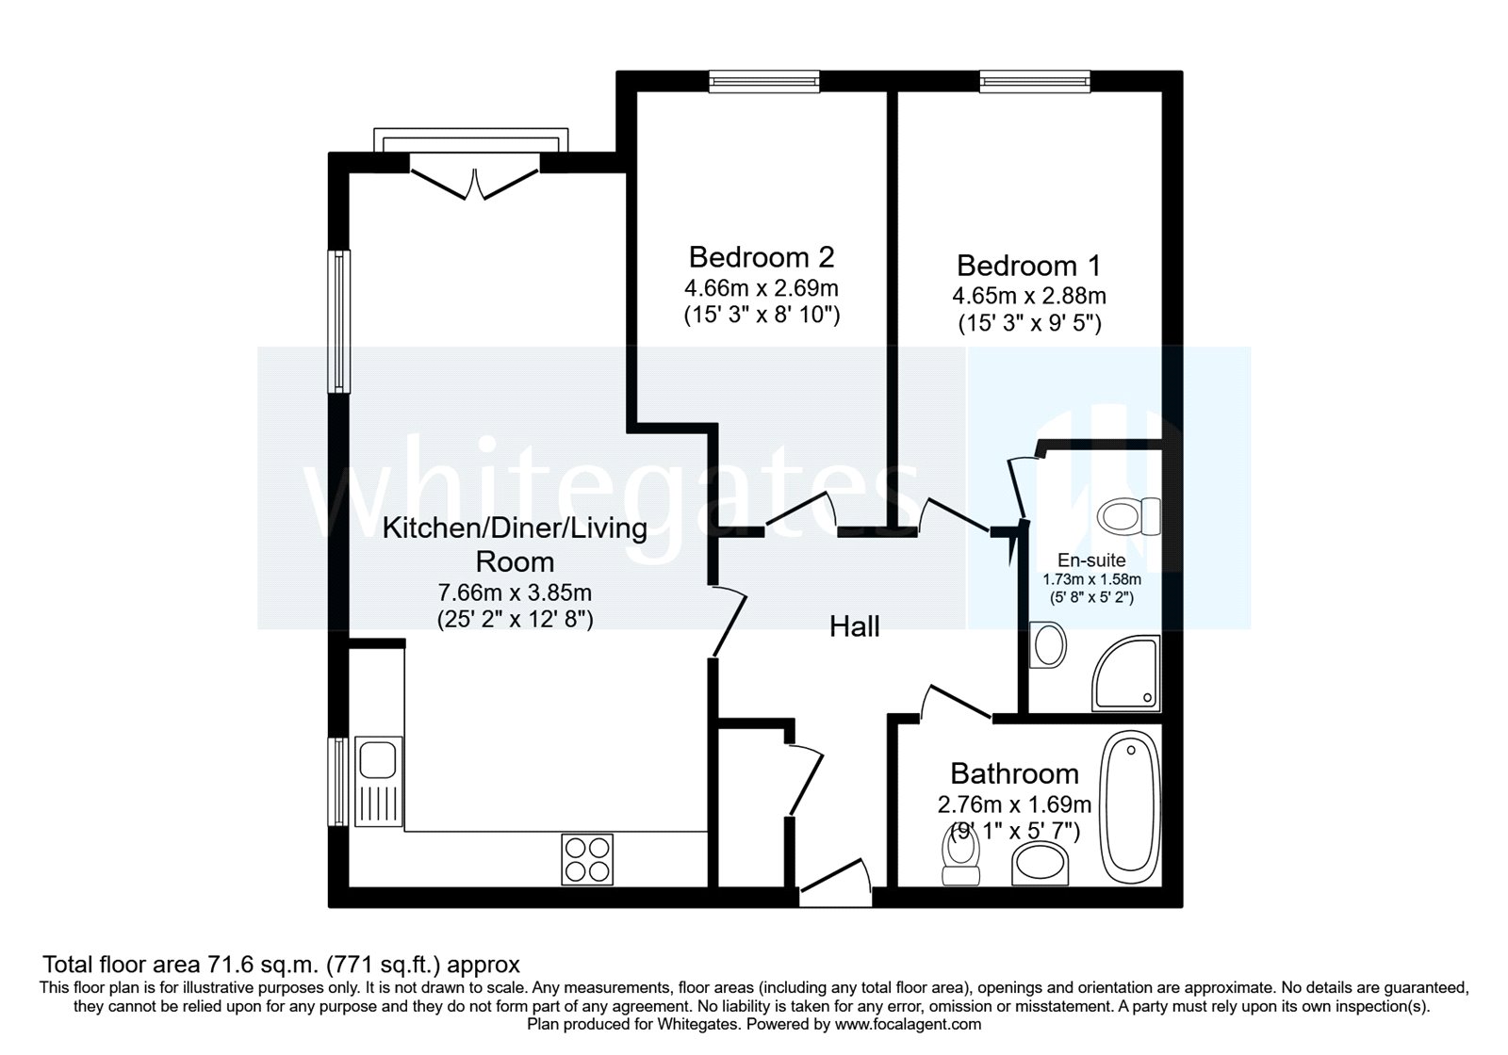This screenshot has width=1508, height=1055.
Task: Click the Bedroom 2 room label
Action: click(762, 257)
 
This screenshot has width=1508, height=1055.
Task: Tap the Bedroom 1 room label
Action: click(1028, 265)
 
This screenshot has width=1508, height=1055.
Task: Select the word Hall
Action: click(855, 625)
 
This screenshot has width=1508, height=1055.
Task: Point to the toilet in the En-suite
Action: click(1129, 515)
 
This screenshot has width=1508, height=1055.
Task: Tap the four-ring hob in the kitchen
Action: click(585, 858)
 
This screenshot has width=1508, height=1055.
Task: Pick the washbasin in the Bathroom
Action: click(1041, 863)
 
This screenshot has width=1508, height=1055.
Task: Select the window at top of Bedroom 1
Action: click(1034, 82)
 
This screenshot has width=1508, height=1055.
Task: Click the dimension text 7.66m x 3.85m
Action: click(515, 592)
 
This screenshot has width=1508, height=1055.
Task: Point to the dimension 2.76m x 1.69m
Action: click(1014, 804)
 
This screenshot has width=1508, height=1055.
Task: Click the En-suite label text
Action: click(1090, 561)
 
